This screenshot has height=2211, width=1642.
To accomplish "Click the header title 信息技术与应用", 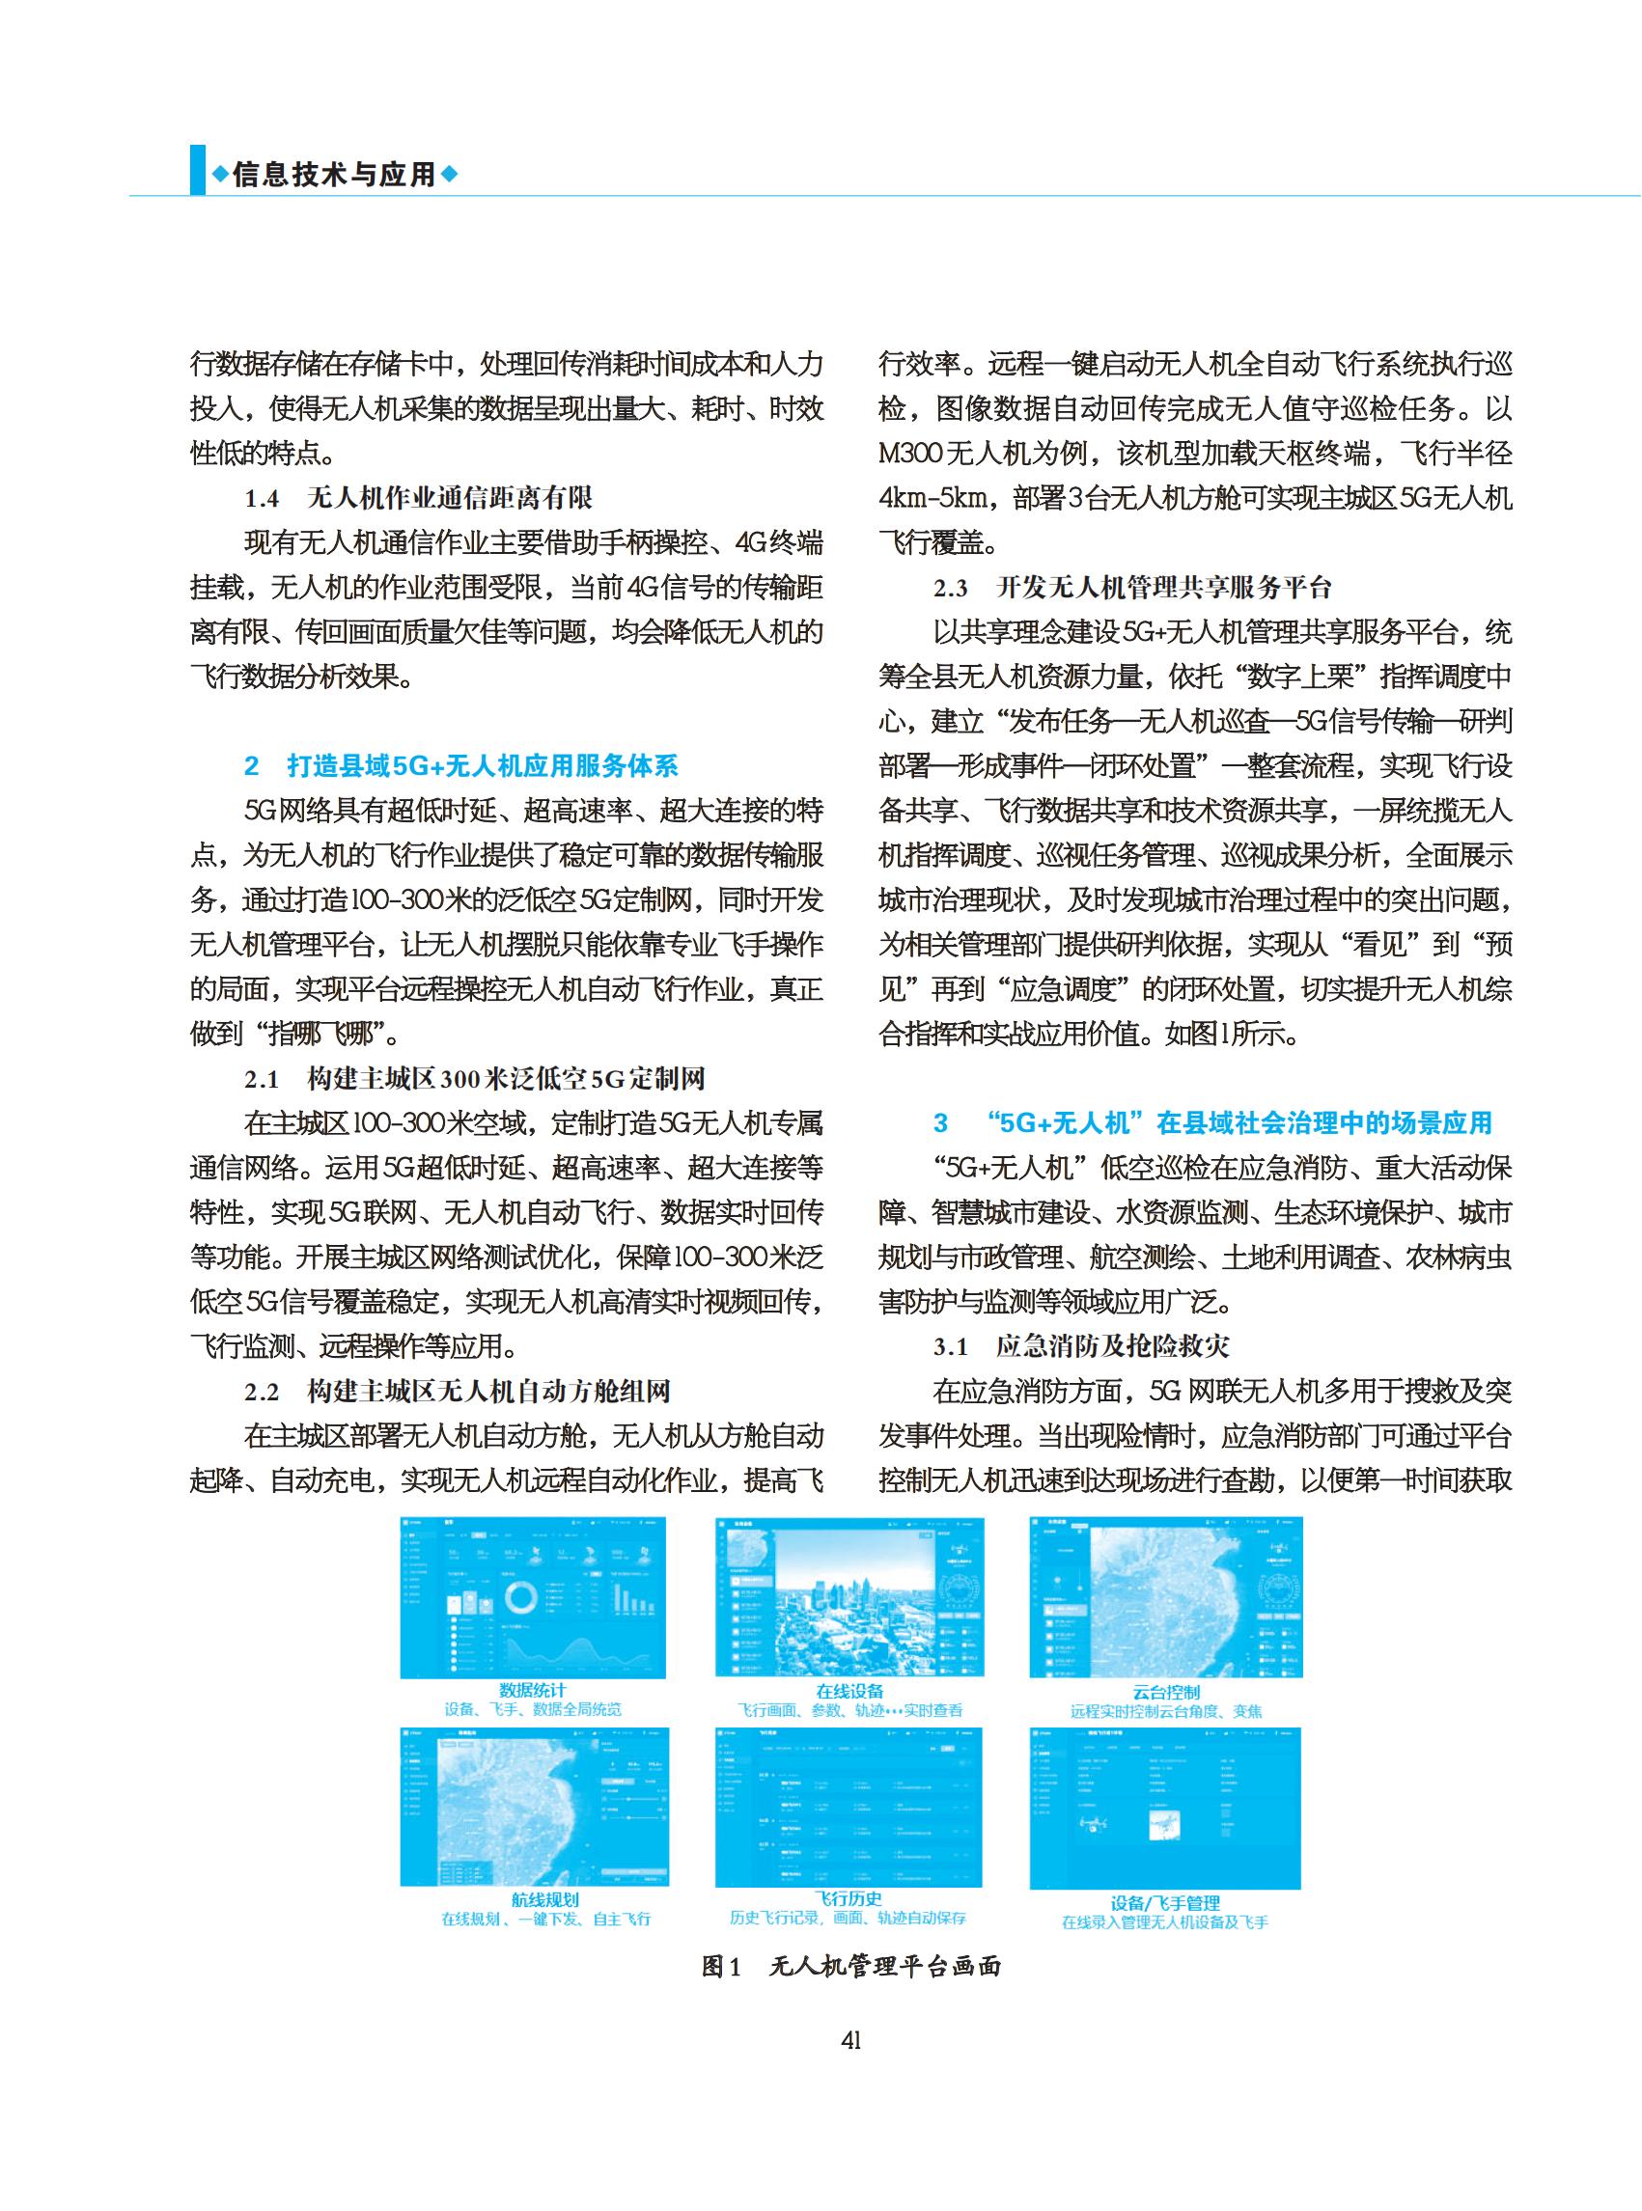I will point(334,175).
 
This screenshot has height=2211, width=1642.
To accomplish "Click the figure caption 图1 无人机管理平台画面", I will point(850,1966).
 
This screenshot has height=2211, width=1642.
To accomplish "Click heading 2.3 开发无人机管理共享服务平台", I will point(1132,588).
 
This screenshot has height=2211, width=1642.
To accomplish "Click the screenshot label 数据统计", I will point(533,1690).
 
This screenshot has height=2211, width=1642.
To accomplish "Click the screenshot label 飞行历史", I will point(848,1898).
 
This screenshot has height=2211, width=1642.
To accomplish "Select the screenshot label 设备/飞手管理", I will point(1165,1903).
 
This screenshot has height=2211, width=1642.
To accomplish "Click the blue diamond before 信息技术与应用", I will point(220,175).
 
